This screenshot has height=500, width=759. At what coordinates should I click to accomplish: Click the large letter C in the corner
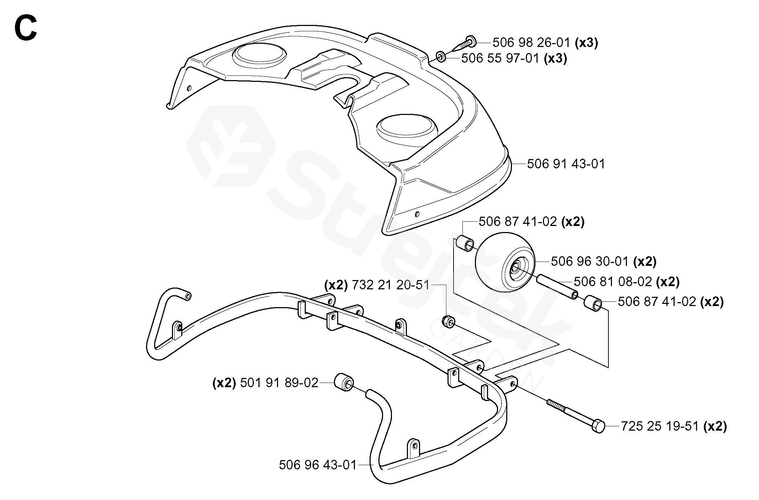26,29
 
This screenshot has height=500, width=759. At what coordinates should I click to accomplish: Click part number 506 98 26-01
532,43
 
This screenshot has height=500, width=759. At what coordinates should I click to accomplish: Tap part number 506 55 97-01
501,58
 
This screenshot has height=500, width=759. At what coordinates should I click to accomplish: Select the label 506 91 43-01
566,164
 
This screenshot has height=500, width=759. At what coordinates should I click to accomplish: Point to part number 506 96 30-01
590,262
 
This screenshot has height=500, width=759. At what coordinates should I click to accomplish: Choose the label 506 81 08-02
613,282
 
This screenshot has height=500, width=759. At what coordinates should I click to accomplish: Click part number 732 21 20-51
391,285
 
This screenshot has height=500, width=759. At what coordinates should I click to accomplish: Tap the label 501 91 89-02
279,383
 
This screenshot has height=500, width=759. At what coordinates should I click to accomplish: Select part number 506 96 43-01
318,465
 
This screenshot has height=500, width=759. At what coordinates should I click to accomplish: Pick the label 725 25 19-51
660,426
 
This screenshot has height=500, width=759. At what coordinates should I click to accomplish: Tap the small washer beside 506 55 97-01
440,57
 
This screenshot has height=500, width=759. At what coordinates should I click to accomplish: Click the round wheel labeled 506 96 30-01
505,262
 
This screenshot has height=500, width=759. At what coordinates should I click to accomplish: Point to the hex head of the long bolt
598,426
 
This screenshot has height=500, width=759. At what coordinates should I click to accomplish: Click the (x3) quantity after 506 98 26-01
587,43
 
